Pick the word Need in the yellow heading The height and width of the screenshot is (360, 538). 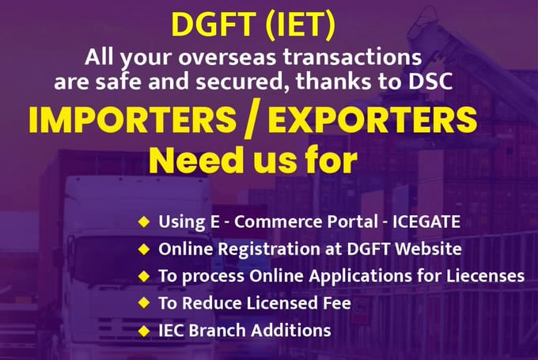[188, 160]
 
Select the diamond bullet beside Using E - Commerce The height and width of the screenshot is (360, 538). [143, 222]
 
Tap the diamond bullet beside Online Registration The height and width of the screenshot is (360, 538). [143, 248]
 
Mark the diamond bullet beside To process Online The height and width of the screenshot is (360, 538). [143, 275]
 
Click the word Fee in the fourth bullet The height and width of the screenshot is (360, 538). [335, 302]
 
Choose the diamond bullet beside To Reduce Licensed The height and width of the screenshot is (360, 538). [143, 302]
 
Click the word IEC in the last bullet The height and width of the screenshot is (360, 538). [172, 329]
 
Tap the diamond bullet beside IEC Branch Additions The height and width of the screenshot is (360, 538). [143, 329]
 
